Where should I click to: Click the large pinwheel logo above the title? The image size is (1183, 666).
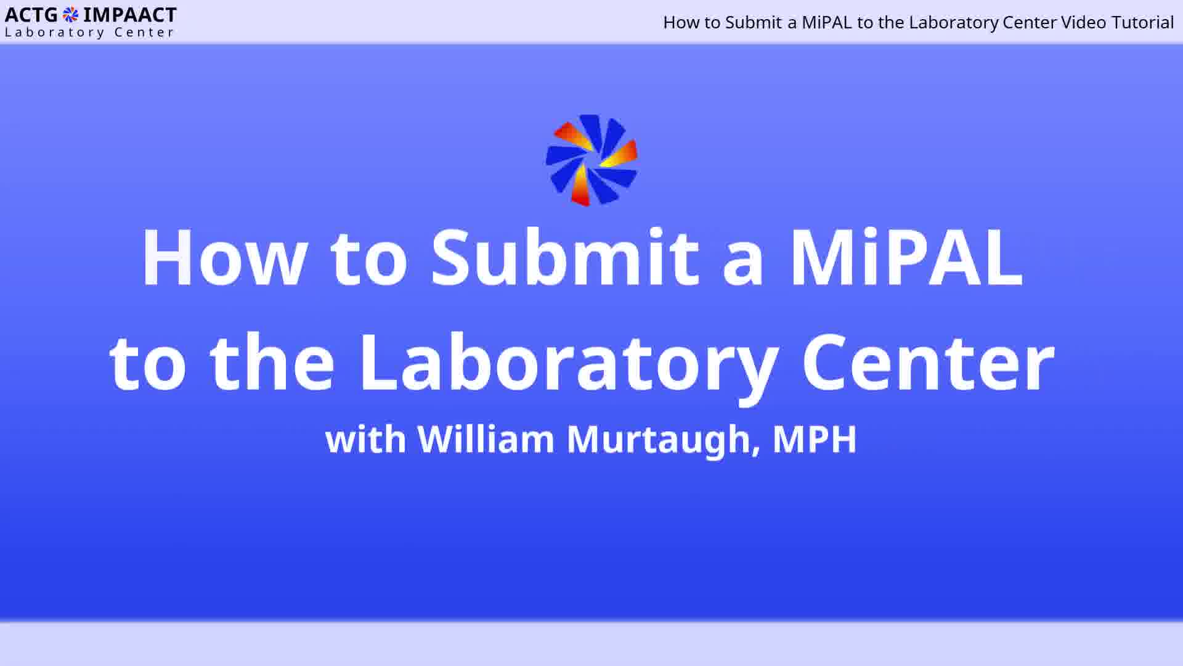tap(591, 160)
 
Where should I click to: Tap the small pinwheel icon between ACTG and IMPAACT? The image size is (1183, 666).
tap(71, 15)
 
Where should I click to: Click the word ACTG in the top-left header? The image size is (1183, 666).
tap(31, 15)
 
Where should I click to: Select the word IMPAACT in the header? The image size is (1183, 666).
tap(130, 15)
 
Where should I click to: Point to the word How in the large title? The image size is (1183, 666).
tap(224, 257)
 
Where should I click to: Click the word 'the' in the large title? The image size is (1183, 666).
tap(272, 361)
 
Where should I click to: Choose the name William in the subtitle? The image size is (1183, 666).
tap(486, 438)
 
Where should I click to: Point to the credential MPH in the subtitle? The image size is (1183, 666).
tap(815, 439)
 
